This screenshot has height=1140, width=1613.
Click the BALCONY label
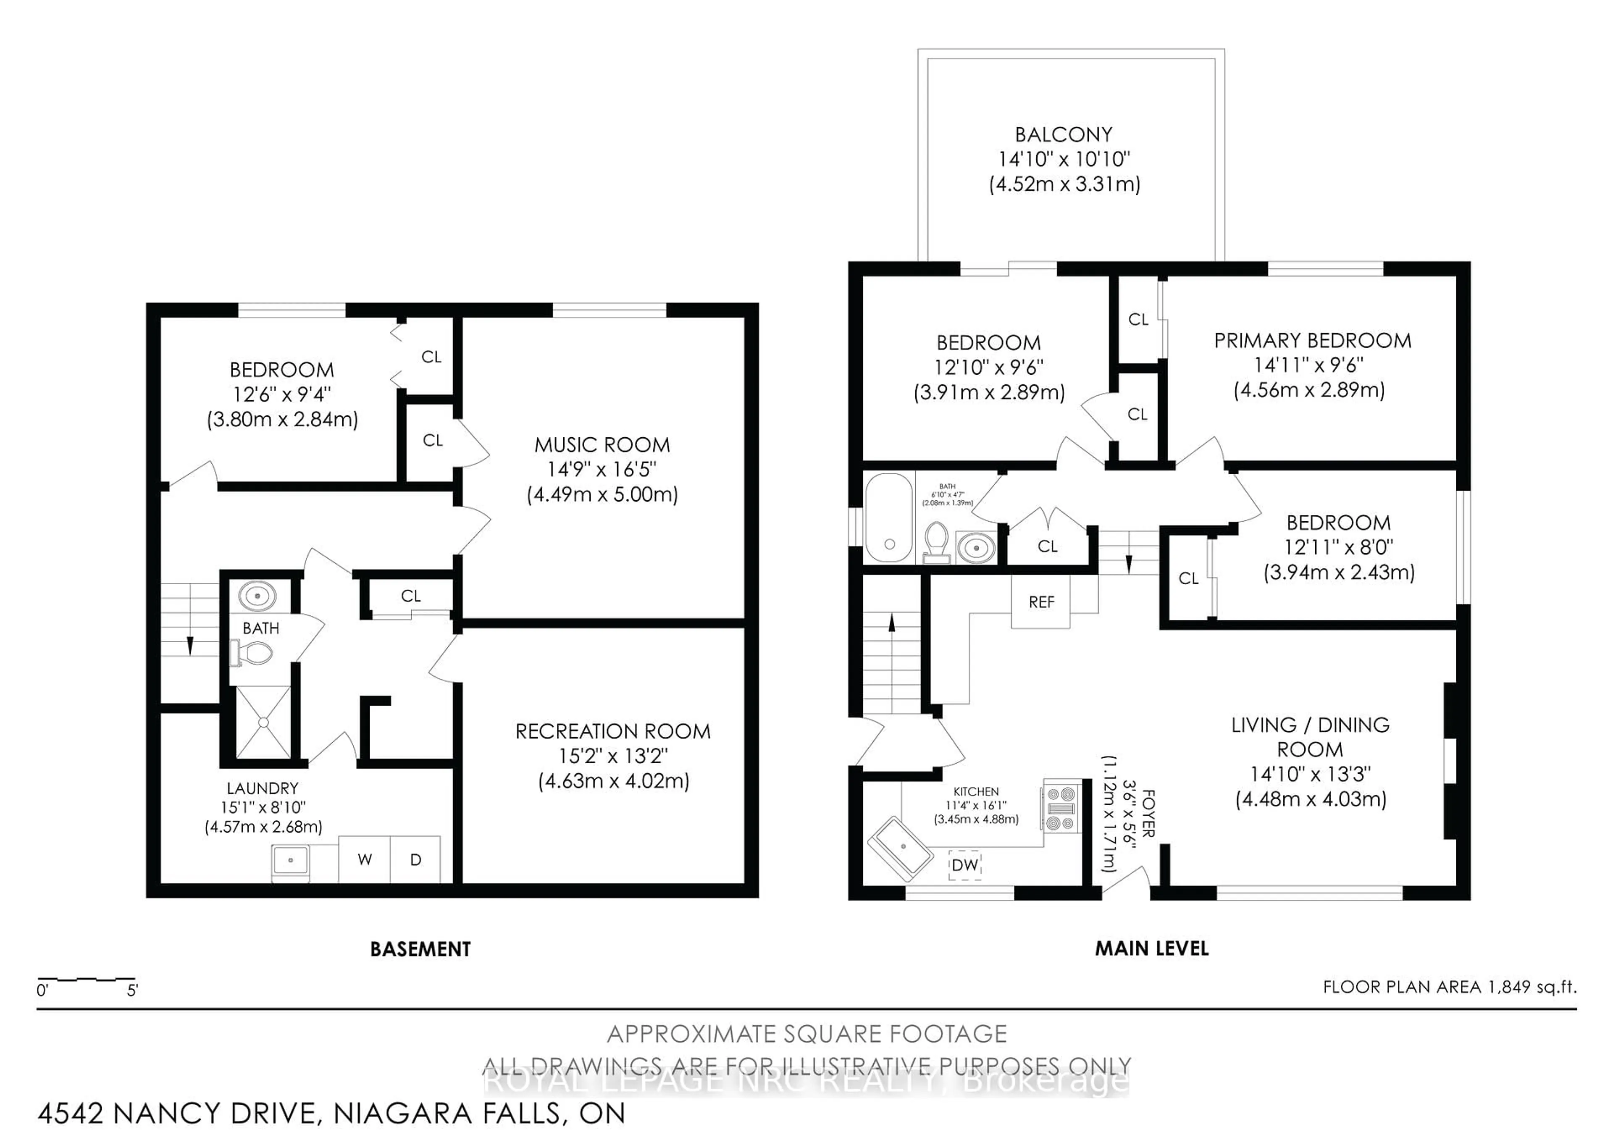[1064, 134]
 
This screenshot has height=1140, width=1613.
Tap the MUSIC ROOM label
[602, 445]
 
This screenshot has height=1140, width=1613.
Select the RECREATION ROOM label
[612, 731]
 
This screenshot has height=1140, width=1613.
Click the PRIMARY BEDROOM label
[1312, 341]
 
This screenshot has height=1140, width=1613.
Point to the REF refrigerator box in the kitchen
[1041, 602]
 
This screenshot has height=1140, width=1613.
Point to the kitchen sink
[901, 848]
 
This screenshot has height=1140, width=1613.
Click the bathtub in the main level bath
[889, 518]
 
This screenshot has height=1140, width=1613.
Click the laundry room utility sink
[290, 860]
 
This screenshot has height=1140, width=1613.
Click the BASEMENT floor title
[420, 949]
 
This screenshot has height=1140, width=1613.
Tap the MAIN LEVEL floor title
[1151, 949]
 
